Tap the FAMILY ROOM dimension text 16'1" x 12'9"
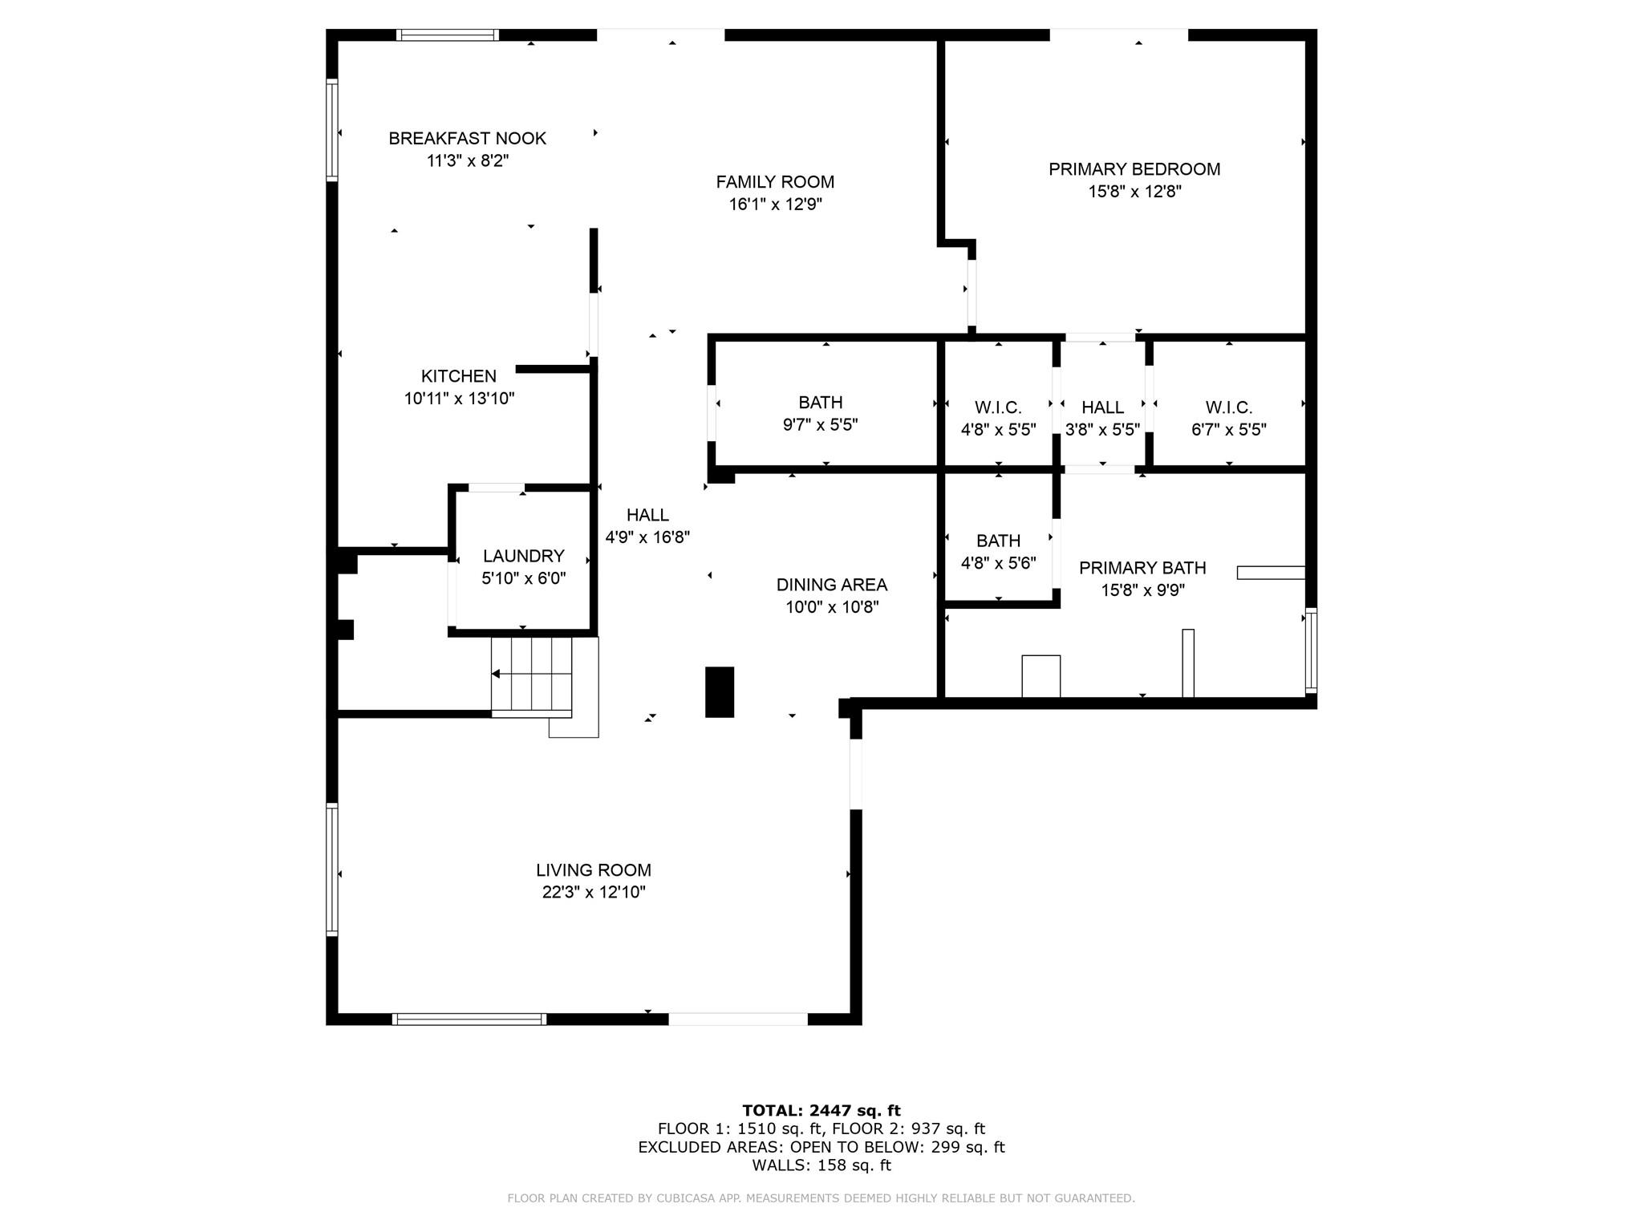pos(775,205)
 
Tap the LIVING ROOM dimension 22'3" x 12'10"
pos(594,892)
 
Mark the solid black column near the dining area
pos(720,691)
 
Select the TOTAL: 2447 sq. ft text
pos(821,1111)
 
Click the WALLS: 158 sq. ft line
pos(821,1165)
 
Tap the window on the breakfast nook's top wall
pos(448,34)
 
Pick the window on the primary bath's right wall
pos(1311,650)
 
